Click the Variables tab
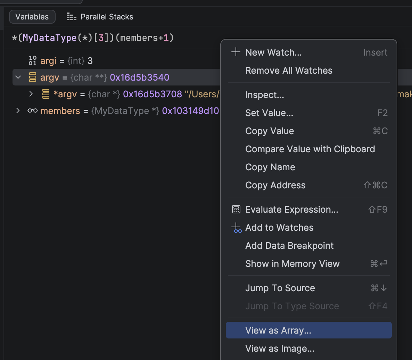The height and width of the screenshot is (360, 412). pos(32,17)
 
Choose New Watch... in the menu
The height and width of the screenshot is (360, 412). pos(273,52)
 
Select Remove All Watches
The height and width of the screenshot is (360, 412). pos(289,71)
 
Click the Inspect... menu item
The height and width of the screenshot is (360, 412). pos(265,95)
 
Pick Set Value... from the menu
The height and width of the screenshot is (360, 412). pos(269,113)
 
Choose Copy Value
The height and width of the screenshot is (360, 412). pos(270,131)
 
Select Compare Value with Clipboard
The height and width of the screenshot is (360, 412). pos(310,149)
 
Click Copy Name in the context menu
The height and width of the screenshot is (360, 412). pos(270,167)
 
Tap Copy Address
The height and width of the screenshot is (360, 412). pos(275,185)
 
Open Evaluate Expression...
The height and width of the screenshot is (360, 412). pos(292,210)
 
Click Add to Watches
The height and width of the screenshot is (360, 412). pos(279,228)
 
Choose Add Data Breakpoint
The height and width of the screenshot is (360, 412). pos(289,246)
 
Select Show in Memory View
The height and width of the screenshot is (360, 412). pos(292,263)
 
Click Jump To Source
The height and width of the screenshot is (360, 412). pos(280,288)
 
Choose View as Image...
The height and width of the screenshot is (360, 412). pos(280,349)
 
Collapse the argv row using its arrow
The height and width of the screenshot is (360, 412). pos(18,77)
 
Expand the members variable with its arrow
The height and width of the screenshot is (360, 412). pos(18,111)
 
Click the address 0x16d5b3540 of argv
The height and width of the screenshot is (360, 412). pos(140,77)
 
